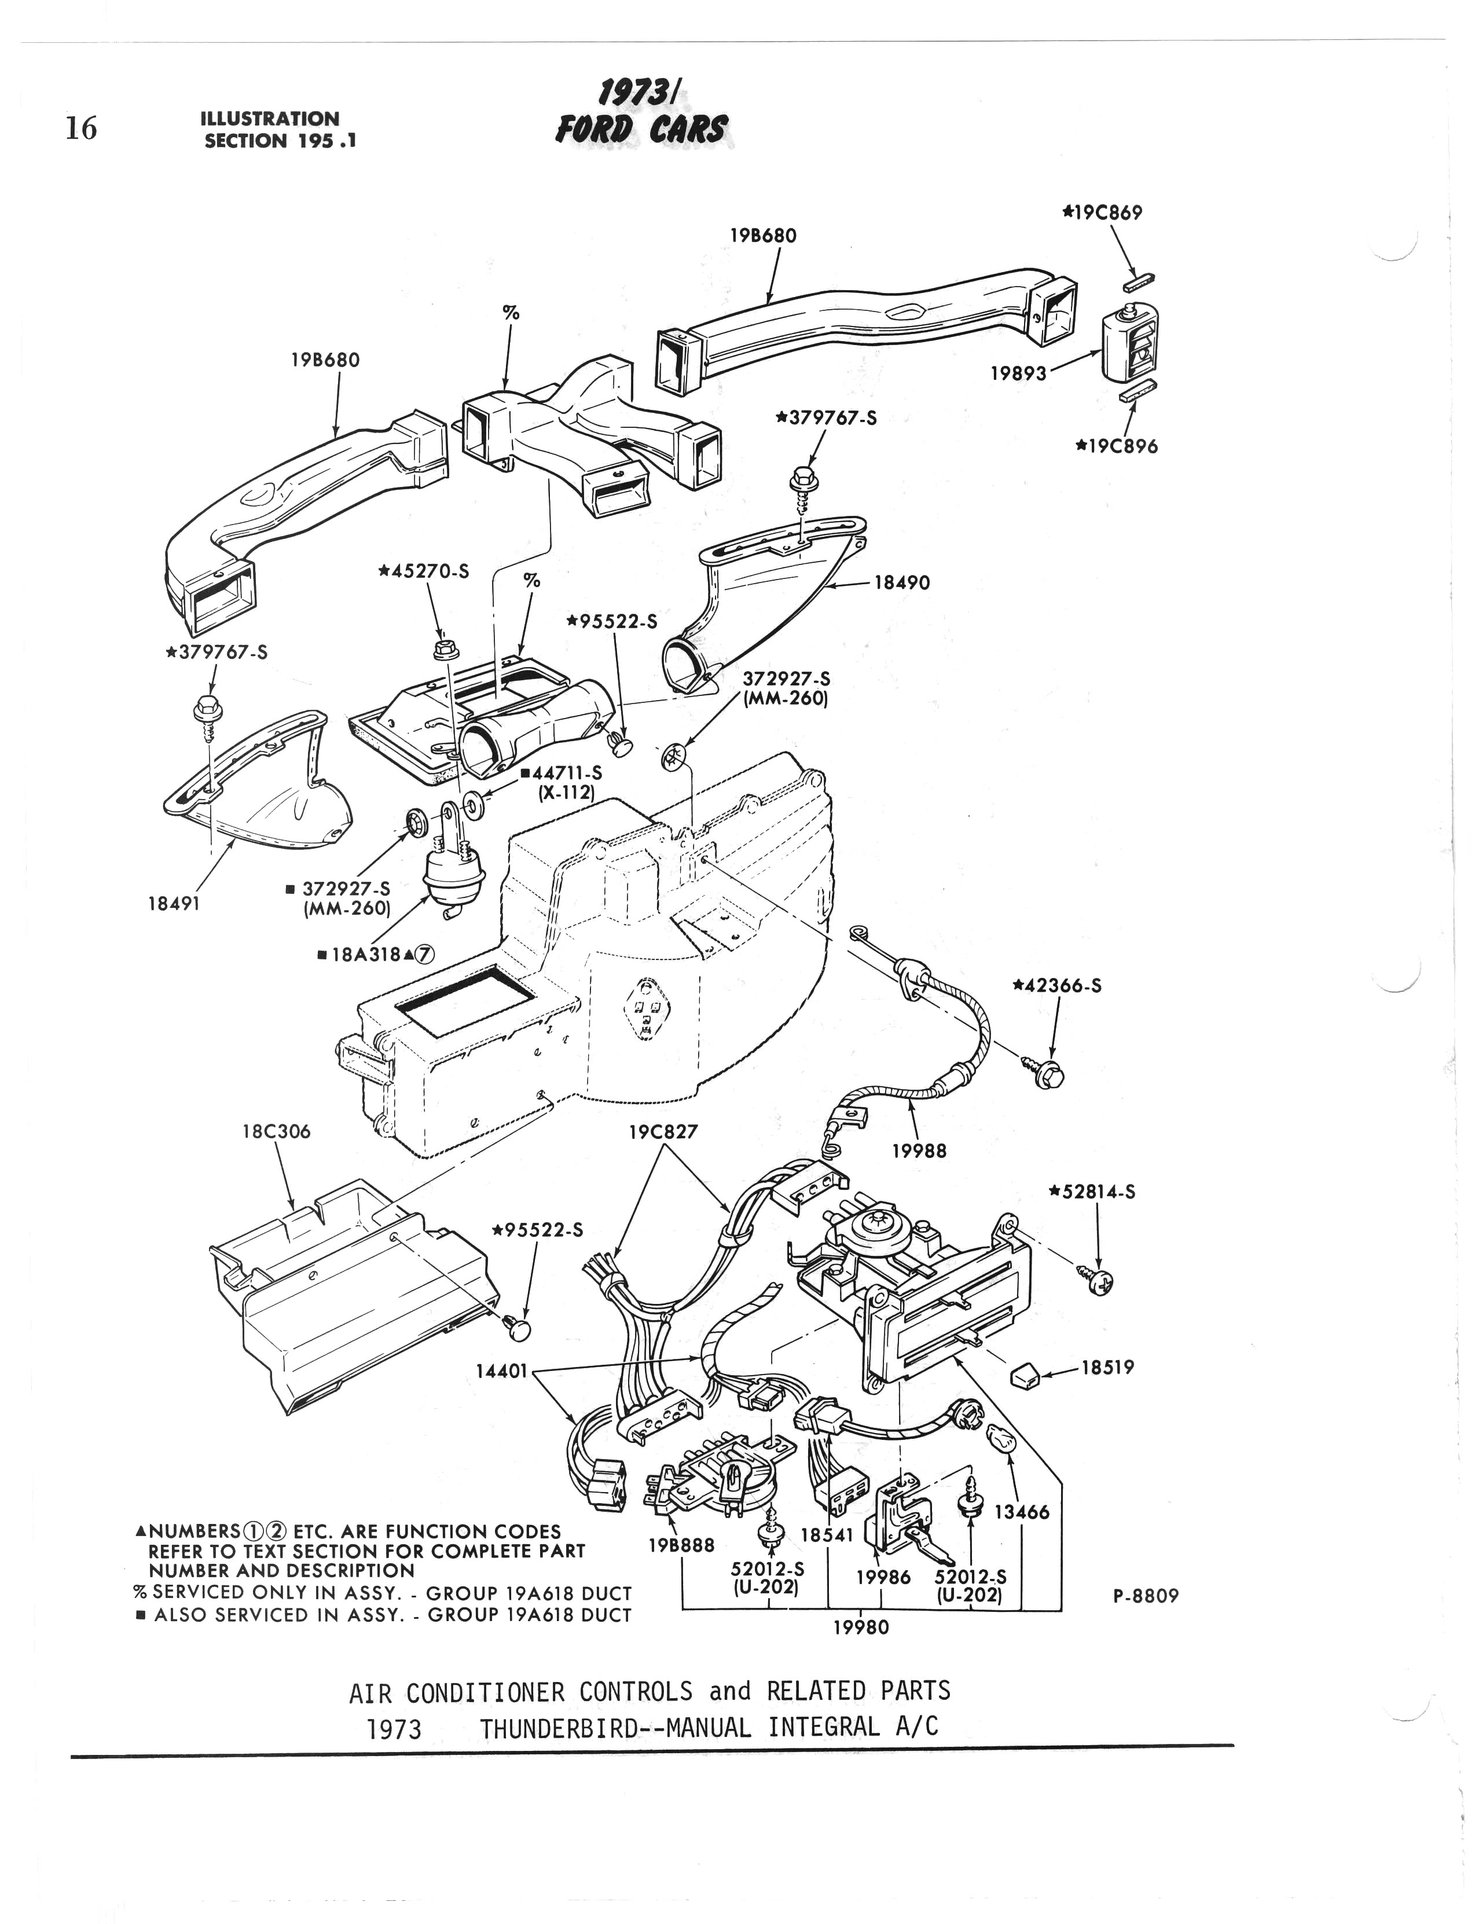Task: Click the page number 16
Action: (x=81, y=129)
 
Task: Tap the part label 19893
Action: (x=1018, y=373)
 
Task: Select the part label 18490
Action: (x=902, y=582)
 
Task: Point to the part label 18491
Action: (x=175, y=904)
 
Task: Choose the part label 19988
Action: (x=919, y=1150)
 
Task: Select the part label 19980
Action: (x=860, y=1627)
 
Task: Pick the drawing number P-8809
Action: (x=1146, y=1596)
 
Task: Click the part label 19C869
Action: (x=1102, y=212)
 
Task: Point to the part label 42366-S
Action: (x=1057, y=985)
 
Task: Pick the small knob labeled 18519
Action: (x=1025, y=1377)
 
